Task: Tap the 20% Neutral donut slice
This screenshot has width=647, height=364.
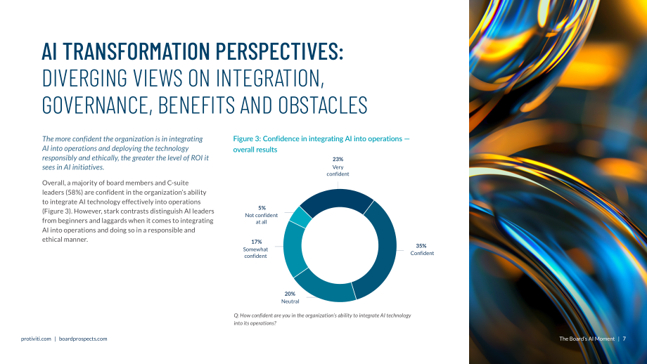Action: tap(324, 287)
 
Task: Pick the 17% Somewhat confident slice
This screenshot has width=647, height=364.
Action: tap(293, 249)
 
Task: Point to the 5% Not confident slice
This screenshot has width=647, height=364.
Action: tap(300, 217)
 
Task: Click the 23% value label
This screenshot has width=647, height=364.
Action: tap(338, 159)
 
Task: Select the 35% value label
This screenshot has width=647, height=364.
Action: tap(421, 246)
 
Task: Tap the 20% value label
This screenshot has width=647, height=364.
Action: tap(290, 294)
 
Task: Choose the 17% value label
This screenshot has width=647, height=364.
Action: tap(256, 242)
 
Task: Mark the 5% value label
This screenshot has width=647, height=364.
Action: tap(262, 208)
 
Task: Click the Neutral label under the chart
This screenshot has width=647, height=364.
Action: tap(290, 301)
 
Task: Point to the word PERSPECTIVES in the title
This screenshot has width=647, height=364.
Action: tap(279, 51)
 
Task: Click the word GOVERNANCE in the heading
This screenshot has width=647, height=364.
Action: tap(94, 105)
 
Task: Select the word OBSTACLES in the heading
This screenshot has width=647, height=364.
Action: tap(322, 105)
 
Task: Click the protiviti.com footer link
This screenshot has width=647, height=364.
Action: tap(36, 339)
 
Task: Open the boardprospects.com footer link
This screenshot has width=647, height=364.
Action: tap(83, 339)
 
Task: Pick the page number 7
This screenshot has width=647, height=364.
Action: tap(624, 339)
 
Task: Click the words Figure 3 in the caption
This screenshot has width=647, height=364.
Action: tap(246, 139)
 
